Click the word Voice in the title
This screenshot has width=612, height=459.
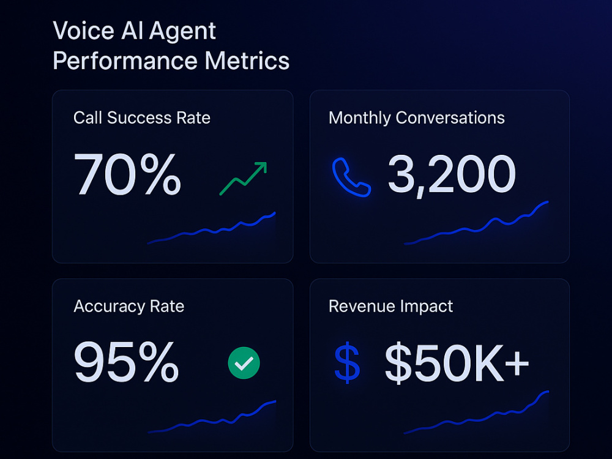point(83,31)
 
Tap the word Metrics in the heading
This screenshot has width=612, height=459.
point(247,61)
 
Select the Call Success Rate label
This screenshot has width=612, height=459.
point(142,118)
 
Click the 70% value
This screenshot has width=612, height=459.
point(127,174)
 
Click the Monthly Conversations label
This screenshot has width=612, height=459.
point(416,118)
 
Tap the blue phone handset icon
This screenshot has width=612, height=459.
point(351,177)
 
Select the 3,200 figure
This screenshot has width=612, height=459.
point(452,175)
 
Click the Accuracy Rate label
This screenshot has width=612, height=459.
point(129,307)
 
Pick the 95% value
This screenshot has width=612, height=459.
point(126,362)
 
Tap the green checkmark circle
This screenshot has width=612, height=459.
point(244,363)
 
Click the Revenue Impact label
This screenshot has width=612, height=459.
point(390,307)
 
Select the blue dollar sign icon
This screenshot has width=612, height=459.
point(347,362)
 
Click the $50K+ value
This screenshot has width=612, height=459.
point(457,363)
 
